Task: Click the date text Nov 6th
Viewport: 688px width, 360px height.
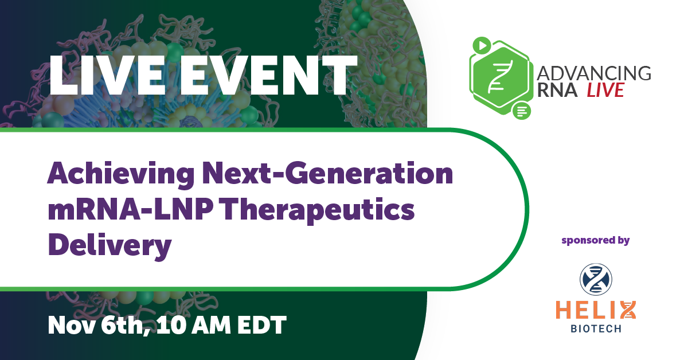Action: click(x=95, y=325)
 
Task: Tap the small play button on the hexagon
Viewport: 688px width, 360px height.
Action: click(x=481, y=44)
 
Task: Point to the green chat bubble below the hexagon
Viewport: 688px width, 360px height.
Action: click(x=521, y=110)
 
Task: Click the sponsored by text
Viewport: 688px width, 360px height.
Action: click(x=596, y=240)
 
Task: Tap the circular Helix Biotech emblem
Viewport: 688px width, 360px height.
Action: click(x=596, y=276)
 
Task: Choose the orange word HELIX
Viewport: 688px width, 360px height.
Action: click(x=596, y=310)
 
